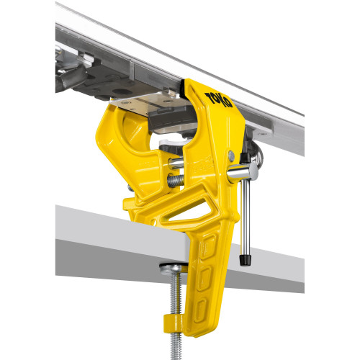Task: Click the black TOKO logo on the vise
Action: coord(218,99)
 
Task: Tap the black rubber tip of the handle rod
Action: coord(245,260)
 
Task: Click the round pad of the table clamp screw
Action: coord(174,268)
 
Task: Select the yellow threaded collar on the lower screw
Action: coord(173,323)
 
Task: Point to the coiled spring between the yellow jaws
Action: coord(176,181)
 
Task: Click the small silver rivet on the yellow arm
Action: coord(231,156)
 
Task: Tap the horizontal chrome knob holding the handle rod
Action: coord(243,172)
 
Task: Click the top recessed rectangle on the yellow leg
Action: coord(208,246)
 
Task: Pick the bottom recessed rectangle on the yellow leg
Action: coord(200,310)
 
